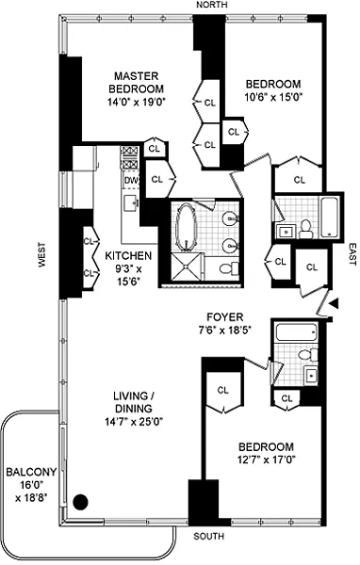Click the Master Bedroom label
136,83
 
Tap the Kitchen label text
128,256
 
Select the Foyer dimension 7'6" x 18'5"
224,330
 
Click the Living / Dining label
133,402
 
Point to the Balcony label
31,472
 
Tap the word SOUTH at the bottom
208,537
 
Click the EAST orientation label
352,254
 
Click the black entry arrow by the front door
335,303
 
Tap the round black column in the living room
80,502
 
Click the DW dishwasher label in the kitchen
131,180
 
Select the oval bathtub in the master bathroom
186,226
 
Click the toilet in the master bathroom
229,267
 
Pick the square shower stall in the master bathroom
186,266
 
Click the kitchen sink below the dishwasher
131,203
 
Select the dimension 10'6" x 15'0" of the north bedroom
273,97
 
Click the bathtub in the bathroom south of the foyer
297,331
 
